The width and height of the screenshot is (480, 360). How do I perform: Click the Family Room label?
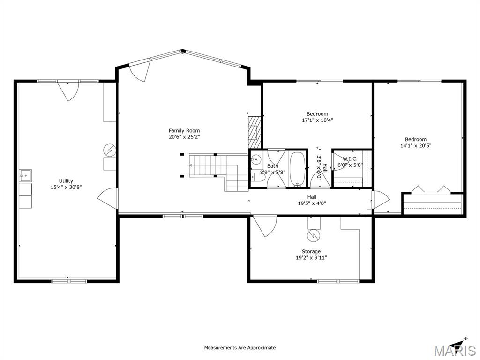click(x=184, y=131)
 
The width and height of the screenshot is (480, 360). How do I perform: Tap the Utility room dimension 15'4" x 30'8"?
click(x=66, y=187)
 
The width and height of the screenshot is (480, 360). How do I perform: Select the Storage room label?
click(x=311, y=252)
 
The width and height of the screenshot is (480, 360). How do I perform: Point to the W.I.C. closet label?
click(x=350, y=159)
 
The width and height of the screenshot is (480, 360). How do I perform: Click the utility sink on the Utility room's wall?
click(x=25, y=176)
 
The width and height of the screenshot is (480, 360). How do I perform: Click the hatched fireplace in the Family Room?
click(x=253, y=128)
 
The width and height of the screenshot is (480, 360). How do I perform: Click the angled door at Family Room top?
click(x=140, y=72)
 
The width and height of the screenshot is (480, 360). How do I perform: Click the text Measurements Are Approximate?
click(x=240, y=348)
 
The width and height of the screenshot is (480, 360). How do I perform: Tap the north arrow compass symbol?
click(x=459, y=341)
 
